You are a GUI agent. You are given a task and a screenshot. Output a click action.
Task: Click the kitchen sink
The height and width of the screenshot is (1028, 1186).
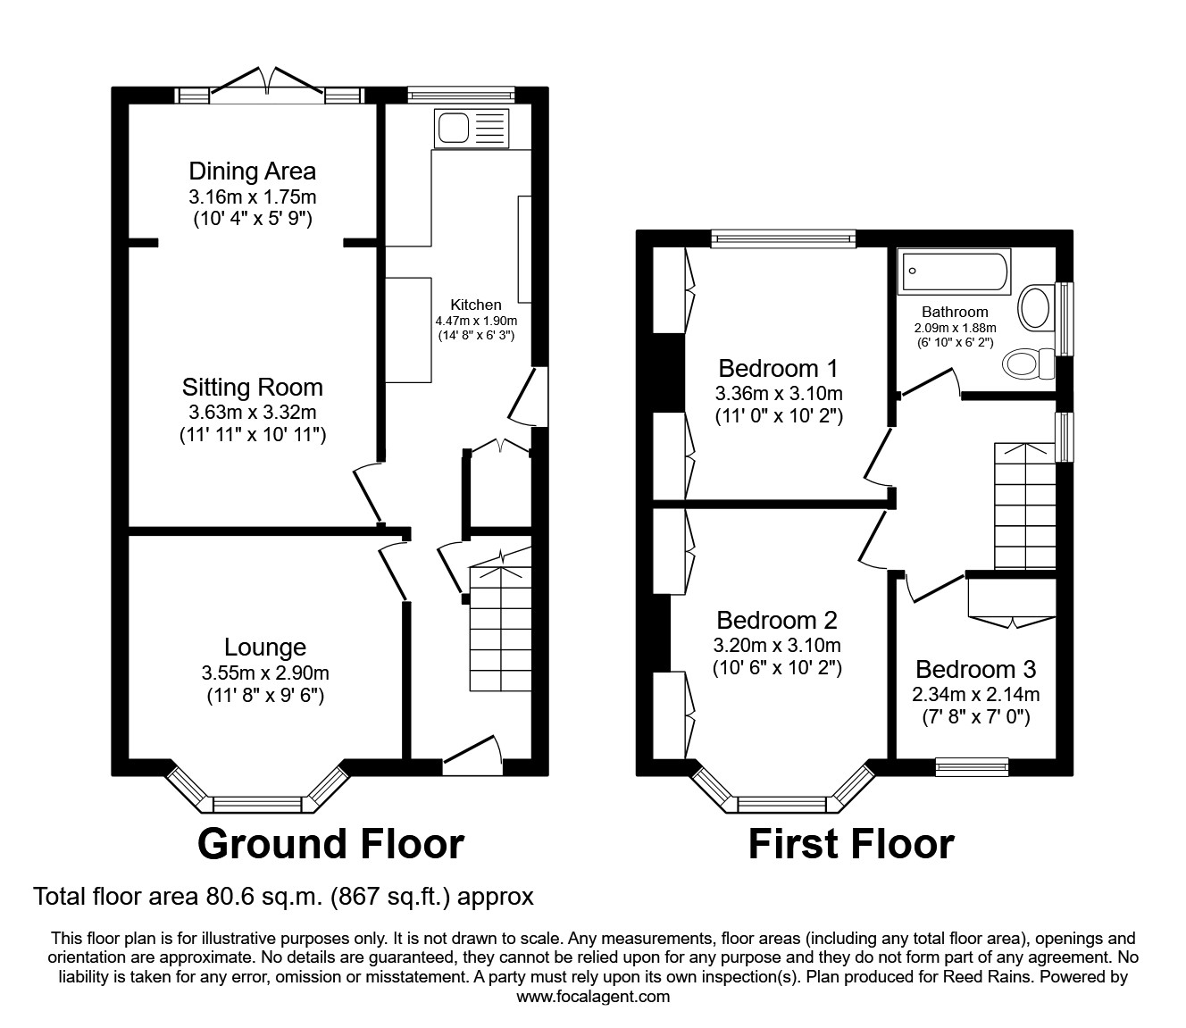tap(471, 128)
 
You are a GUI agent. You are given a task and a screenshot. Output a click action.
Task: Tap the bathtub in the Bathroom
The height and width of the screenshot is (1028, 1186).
tap(955, 270)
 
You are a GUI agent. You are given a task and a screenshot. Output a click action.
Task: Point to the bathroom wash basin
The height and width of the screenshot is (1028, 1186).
tap(1034, 307)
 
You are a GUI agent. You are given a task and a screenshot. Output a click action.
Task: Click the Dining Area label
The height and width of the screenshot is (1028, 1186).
tap(252, 171)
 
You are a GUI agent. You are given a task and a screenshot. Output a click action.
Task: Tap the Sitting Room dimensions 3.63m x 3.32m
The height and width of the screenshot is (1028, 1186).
tap(253, 412)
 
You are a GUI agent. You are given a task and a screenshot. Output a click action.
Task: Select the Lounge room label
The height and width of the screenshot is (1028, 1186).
tap(265, 647)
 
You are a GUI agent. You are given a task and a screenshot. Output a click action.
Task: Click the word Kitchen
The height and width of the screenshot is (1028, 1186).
tap(475, 305)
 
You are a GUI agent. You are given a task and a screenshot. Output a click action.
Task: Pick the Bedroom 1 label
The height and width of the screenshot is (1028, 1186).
tap(779, 368)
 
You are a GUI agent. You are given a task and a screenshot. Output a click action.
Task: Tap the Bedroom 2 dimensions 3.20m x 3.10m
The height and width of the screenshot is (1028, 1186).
tap(777, 645)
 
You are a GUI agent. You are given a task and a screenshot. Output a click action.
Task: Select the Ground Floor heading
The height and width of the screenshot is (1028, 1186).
tap(330, 843)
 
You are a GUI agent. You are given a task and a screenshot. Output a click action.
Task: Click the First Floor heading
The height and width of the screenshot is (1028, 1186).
tap(850, 843)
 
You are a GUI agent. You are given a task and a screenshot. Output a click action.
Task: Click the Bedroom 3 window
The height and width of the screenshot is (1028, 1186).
tap(972, 765)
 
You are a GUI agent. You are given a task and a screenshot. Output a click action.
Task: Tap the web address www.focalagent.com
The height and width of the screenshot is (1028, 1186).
tap(593, 997)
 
